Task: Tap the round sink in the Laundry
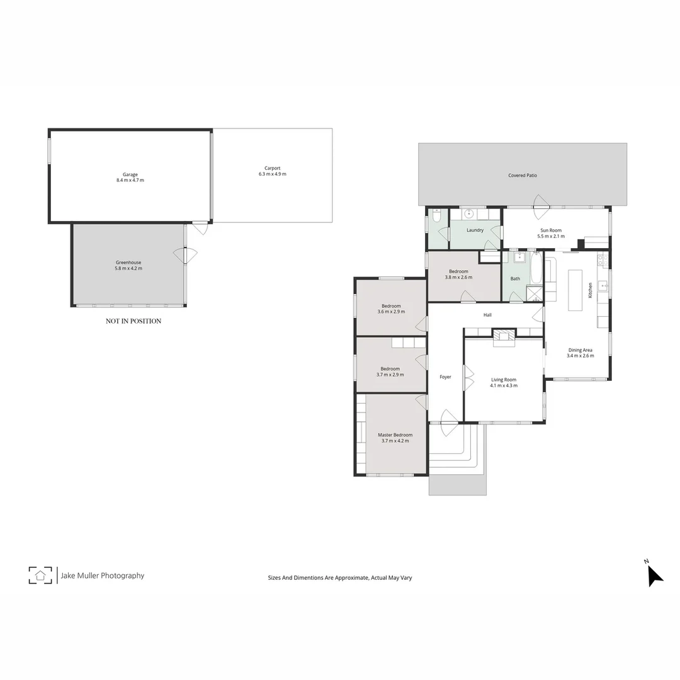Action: click(469, 213)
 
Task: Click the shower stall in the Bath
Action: click(534, 294)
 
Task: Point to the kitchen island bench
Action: click(575, 290)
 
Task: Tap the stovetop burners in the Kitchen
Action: click(603, 259)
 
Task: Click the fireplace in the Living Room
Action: click(504, 337)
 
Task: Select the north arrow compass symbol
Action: click(654, 574)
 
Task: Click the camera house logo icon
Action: click(40, 575)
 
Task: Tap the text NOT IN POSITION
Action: click(133, 321)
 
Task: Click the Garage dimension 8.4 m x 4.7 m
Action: click(130, 181)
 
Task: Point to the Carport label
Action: click(272, 168)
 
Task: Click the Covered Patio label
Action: click(523, 175)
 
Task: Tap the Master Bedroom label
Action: click(395, 434)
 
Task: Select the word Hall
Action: click(487, 315)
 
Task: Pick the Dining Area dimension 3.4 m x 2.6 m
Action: click(580, 356)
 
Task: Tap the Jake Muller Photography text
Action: click(102, 575)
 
